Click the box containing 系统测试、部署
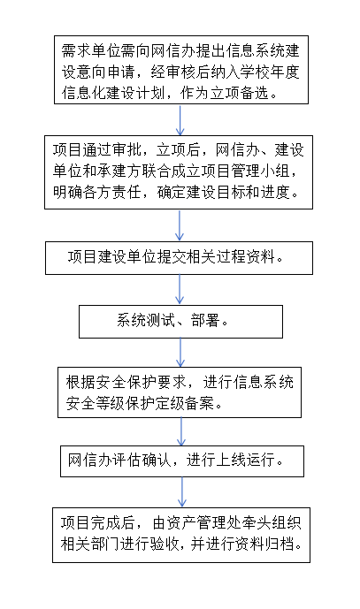click(x=180, y=322)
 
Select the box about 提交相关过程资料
click(x=179, y=258)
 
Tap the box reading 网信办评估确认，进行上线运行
click(x=182, y=461)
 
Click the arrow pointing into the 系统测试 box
click(x=180, y=290)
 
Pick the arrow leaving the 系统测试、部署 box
click(x=180, y=353)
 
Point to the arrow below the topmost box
click(x=180, y=119)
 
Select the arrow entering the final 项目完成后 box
click(x=182, y=492)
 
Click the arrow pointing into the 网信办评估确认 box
click(x=181, y=431)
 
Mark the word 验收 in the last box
click(x=164, y=544)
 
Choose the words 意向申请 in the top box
click(x=105, y=72)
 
